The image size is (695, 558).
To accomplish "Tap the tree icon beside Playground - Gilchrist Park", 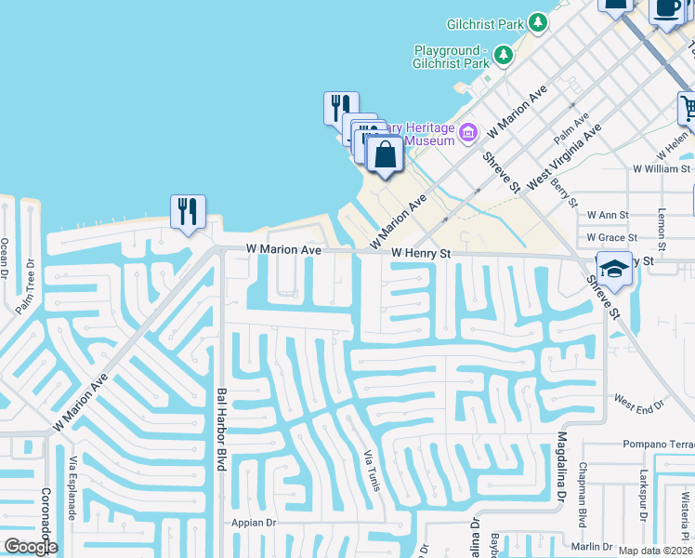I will (503, 56).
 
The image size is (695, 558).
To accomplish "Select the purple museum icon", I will (468, 133).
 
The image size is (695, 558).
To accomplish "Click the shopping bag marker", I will (385, 154).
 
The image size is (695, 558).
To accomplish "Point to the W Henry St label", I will (420, 253).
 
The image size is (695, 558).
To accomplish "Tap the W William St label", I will (662, 169).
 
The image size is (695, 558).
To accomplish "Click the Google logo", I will (30, 547).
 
